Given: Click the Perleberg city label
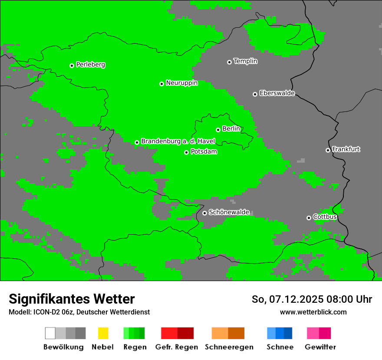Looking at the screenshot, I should [90, 65].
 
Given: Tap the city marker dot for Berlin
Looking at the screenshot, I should [218, 130].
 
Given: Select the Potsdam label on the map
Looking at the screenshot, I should [204, 152].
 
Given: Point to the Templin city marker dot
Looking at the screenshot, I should [229, 62].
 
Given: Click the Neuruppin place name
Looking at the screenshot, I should [181, 83].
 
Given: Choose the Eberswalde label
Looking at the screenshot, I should [277, 93].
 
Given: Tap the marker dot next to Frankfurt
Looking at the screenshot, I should [328, 150].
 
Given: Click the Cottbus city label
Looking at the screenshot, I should [325, 217].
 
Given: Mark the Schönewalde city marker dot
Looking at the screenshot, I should [204, 213].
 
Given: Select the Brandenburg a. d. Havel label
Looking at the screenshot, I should [178, 141].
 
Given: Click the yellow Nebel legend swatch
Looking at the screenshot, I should [103, 333].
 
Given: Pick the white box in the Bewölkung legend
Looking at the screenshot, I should [50, 333].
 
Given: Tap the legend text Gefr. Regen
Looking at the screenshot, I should [177, 347].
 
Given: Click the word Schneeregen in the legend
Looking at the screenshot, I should [229, 347].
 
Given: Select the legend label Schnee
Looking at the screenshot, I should [280, 347].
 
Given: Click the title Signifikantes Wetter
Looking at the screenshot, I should [72, 299].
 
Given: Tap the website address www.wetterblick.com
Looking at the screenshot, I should [313, 312].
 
